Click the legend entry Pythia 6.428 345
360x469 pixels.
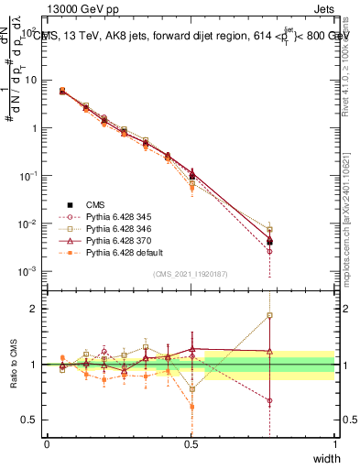116,215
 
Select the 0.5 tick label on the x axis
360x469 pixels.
191,443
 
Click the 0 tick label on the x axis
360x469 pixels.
47,443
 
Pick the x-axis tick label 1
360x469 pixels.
334,443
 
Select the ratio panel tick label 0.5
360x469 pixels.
33,420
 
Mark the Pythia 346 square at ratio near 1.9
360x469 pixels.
269,315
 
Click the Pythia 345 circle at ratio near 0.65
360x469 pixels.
269,400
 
